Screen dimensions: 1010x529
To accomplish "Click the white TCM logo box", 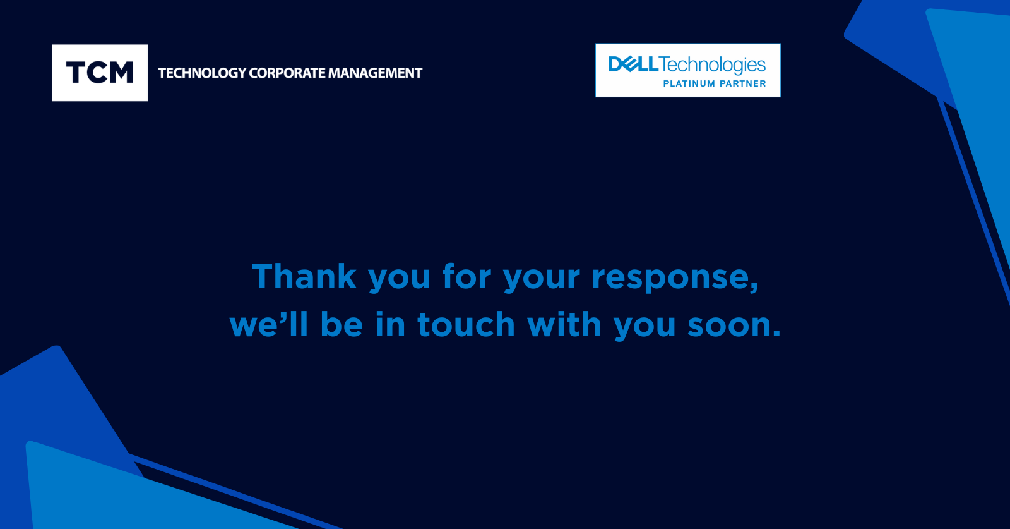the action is (100, 73).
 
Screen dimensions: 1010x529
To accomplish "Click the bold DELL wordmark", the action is (633, 64).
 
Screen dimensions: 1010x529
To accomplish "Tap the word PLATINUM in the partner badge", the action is (689, 83).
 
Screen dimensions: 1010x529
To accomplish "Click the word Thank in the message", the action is (304, 276).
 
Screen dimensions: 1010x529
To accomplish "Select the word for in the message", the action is (466, 276).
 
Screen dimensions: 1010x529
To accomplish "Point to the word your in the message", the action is (542, 280).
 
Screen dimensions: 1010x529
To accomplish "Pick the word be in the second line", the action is (342, 323).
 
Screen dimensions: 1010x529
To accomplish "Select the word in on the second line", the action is (390, 323).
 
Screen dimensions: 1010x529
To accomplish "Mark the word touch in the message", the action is (466, 323).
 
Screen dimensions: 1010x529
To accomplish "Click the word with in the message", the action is (564, 323).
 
